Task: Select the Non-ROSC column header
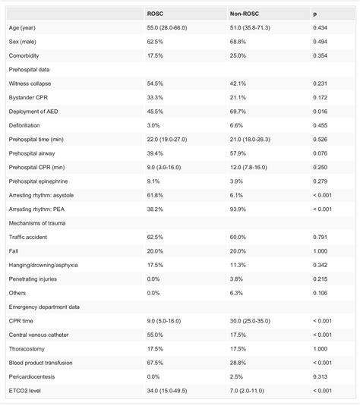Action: [243, 14]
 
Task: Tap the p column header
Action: [315, 14]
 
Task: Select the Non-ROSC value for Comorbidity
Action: [239, 55]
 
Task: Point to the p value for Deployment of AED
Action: [321, 111]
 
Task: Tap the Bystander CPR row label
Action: [31, 97]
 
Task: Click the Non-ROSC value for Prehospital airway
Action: [239, 153]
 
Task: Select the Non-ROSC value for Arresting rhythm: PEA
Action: [239, 209]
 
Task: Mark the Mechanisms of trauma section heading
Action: [39, 222]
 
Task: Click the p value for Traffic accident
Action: [321, 237]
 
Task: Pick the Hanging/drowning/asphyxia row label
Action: [43, 265]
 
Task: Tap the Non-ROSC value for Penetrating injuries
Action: [238, 279]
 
